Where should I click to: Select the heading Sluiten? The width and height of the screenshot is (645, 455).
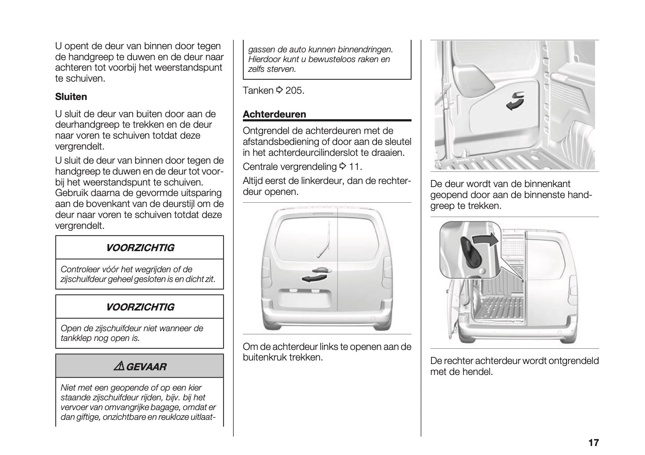coord(71,96)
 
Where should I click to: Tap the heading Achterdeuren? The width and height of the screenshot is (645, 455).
coord(274,114)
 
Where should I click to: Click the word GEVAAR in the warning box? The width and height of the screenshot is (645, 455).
coord(147,367)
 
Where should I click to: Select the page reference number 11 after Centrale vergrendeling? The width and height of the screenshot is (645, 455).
coord(355,167)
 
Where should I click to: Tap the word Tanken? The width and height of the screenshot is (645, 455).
coord(258,91)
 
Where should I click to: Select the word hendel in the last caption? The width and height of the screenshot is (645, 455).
coord(480,371)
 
